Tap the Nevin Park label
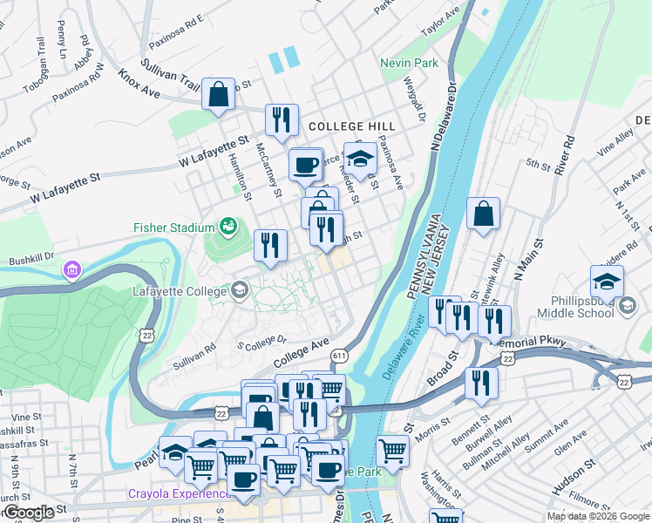click(409, 64)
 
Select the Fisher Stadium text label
click(173, 228)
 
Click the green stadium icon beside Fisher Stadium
click(228, 227)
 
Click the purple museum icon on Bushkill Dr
click(70, 272)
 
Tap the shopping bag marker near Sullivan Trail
click(218, 94)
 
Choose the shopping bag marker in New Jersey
click(483, 214)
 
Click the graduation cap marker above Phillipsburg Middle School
click(607, 282)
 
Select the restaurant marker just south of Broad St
click(480, 384)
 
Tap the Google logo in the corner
click(29, 513)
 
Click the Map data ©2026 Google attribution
click(597, 516)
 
